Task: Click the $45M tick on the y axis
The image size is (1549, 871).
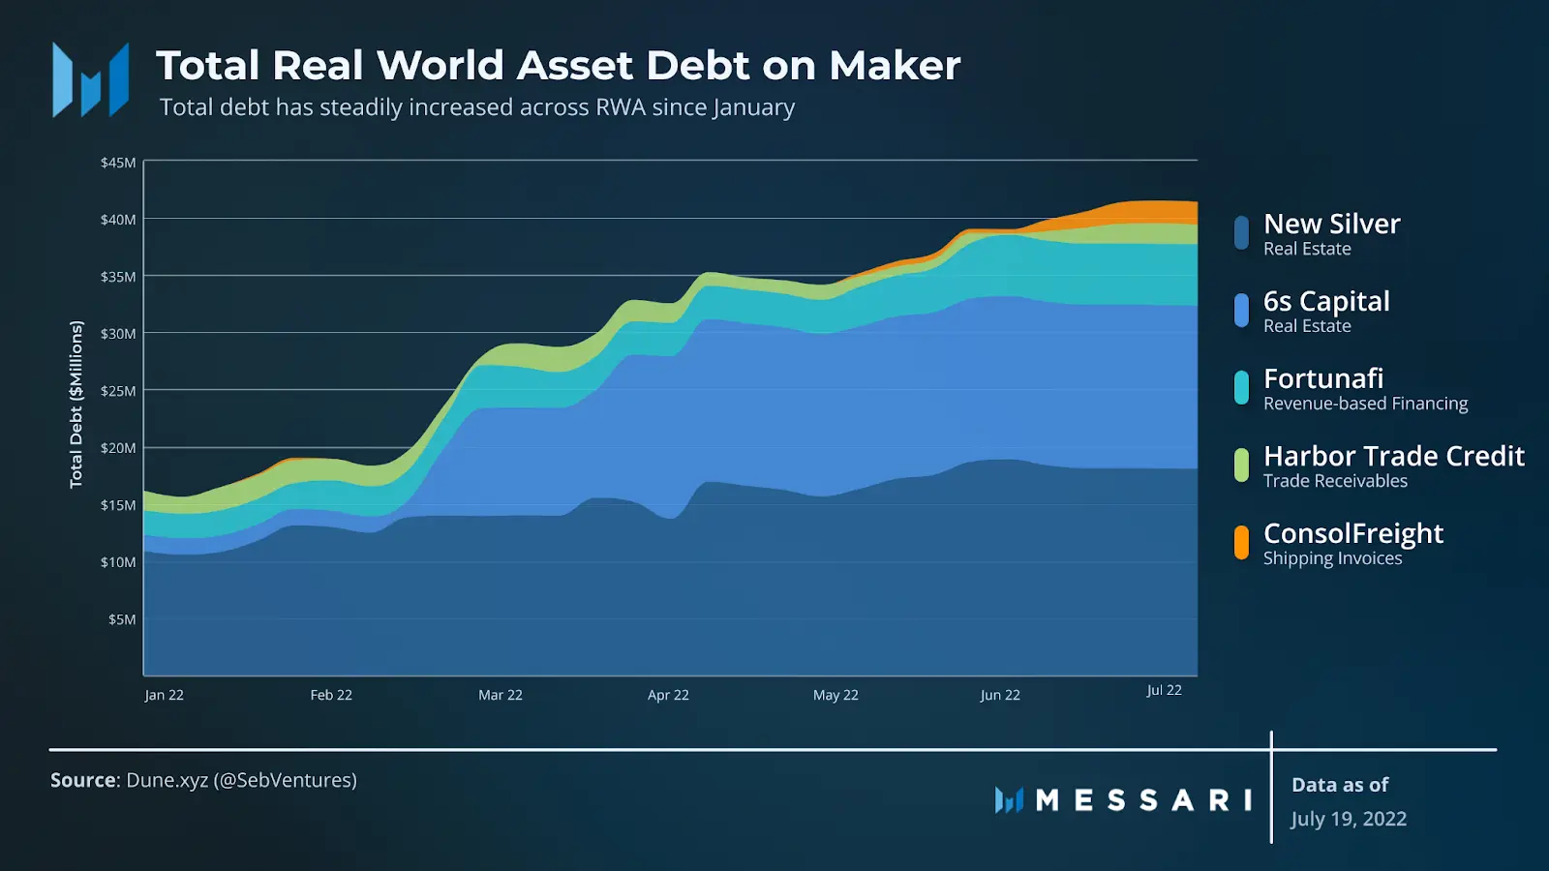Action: point(118,163)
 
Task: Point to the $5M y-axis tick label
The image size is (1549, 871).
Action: point(122,619)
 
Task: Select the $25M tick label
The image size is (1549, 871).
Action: point(118,391)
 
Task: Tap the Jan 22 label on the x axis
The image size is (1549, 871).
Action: point(164,695)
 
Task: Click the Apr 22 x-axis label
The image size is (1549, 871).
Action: point(668,695)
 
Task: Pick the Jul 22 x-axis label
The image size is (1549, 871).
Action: point(1164,690)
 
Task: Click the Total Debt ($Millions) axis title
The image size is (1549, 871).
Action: point(76,405)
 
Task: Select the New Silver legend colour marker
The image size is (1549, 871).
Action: point(1241,233)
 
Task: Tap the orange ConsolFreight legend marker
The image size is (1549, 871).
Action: point(1241,543)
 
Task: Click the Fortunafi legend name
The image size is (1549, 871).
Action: point(1322,378)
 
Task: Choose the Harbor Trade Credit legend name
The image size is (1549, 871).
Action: point(1393,456)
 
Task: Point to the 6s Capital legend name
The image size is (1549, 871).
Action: point(1325,301)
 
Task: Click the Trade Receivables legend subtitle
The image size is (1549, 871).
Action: point(1335,481)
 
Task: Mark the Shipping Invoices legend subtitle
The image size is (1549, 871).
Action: point(1332,558)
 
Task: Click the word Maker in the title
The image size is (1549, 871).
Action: point(895,66)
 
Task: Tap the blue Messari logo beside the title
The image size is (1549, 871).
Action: point(90,80)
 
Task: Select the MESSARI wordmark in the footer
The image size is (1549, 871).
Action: point(1143,800)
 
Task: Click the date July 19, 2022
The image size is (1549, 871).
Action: point(1348,819)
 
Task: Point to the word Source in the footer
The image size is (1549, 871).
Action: point(83,780)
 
